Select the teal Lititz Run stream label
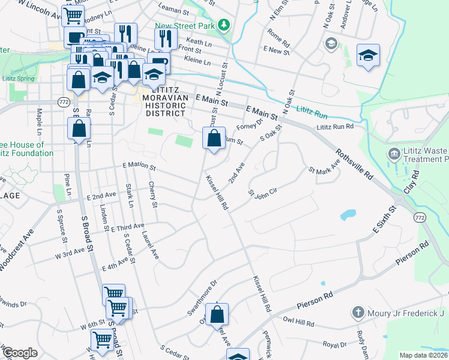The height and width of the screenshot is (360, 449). click(312, 111)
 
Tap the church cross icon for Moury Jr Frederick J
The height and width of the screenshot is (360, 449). click(358, 313)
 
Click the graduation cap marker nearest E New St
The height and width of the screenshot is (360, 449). click(368, 56)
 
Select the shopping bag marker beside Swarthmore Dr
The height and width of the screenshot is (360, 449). click(217, 314)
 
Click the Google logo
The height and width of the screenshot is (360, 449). click(20, 353)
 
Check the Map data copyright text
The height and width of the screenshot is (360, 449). click(423, 355)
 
